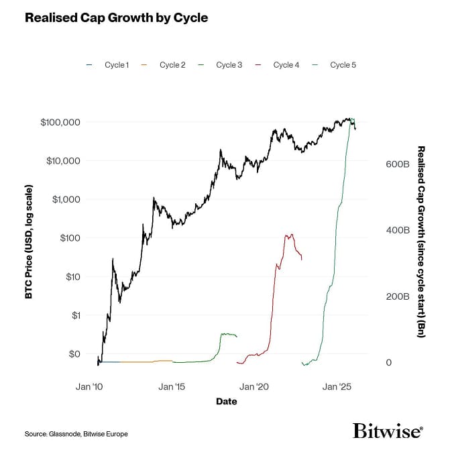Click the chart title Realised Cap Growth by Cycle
coord(116,18)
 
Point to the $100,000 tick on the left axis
coord(60,123)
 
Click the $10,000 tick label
coord(63,161)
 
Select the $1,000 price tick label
coord(66,200)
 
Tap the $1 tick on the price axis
coord(75,315)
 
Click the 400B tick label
coord(396,230)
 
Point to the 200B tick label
coord(396,296)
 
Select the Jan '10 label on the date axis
coord(89,387)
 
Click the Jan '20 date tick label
coord(254,387)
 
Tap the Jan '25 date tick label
coord(337,387)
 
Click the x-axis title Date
coord(226,402)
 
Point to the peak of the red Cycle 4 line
coord(289,235)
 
